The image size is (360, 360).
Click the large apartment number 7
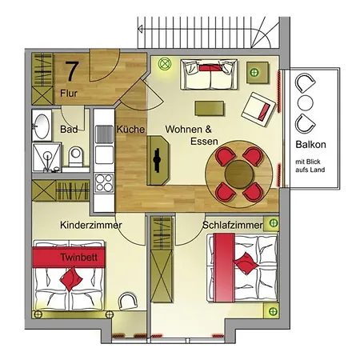(x=72, y=71)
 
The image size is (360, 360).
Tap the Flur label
(x=69, y=94)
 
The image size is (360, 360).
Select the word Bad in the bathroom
(x=69, y=129)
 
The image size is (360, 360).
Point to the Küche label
(x=130, y=129)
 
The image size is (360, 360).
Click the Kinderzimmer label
(x=91, y=225)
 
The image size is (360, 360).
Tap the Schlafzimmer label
(x=233, y=225)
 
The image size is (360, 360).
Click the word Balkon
(x=310, y=145)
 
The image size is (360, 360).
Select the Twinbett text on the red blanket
(x=78, y=258)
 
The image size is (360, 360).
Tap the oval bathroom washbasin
(x=42, y=126)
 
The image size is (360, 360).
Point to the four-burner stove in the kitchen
(x=104, y=183)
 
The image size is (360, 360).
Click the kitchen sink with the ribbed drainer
(x=104, y=134)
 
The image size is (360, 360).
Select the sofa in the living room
(x=209, y=74)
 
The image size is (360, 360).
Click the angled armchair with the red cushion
(x=258, y=110)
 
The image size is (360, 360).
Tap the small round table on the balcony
(x=306, y=102)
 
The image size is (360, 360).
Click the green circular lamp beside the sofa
(x=164, y=64)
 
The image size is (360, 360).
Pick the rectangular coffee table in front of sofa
(x=209, y=108)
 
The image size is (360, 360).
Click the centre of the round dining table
(x=238, y=174)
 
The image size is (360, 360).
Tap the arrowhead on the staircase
(x=140, y=29)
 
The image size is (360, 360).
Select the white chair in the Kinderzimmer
(x=127, y=301)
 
